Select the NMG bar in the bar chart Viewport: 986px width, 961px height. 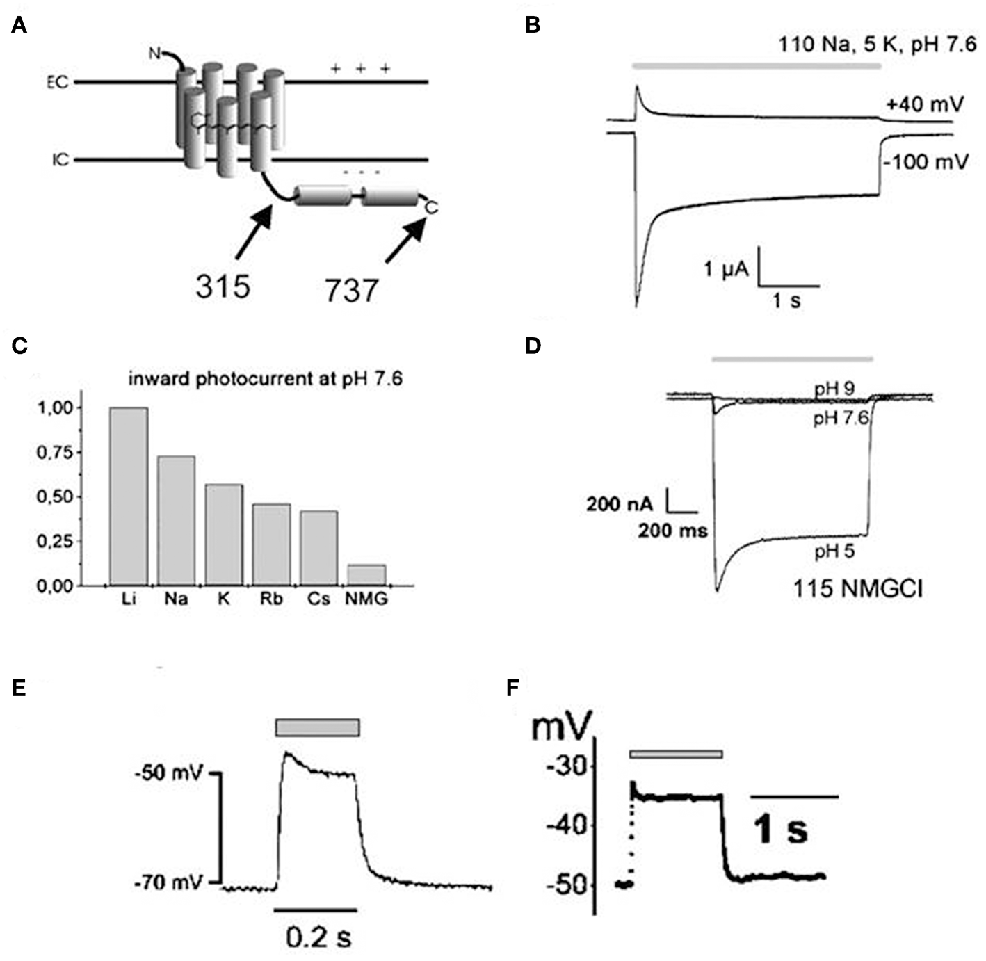[366, 575]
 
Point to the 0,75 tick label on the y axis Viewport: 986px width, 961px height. [55, 453]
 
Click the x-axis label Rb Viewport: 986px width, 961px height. [271, 599]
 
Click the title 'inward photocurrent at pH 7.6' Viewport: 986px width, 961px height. [265, 379]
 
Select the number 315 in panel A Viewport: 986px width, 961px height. [223, 286]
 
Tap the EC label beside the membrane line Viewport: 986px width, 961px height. [58, 83]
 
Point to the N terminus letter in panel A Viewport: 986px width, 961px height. [155, 52]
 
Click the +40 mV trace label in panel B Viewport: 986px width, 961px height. [924, 104]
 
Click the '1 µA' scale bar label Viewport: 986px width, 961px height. [726, 268]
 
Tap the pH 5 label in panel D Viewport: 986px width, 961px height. [834, 551]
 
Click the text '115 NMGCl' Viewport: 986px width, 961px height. [857, 589]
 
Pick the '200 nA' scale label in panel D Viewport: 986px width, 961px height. [619, 504]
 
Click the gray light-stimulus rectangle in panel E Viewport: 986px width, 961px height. [318, 727]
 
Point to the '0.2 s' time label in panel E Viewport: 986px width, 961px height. [318, 937]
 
